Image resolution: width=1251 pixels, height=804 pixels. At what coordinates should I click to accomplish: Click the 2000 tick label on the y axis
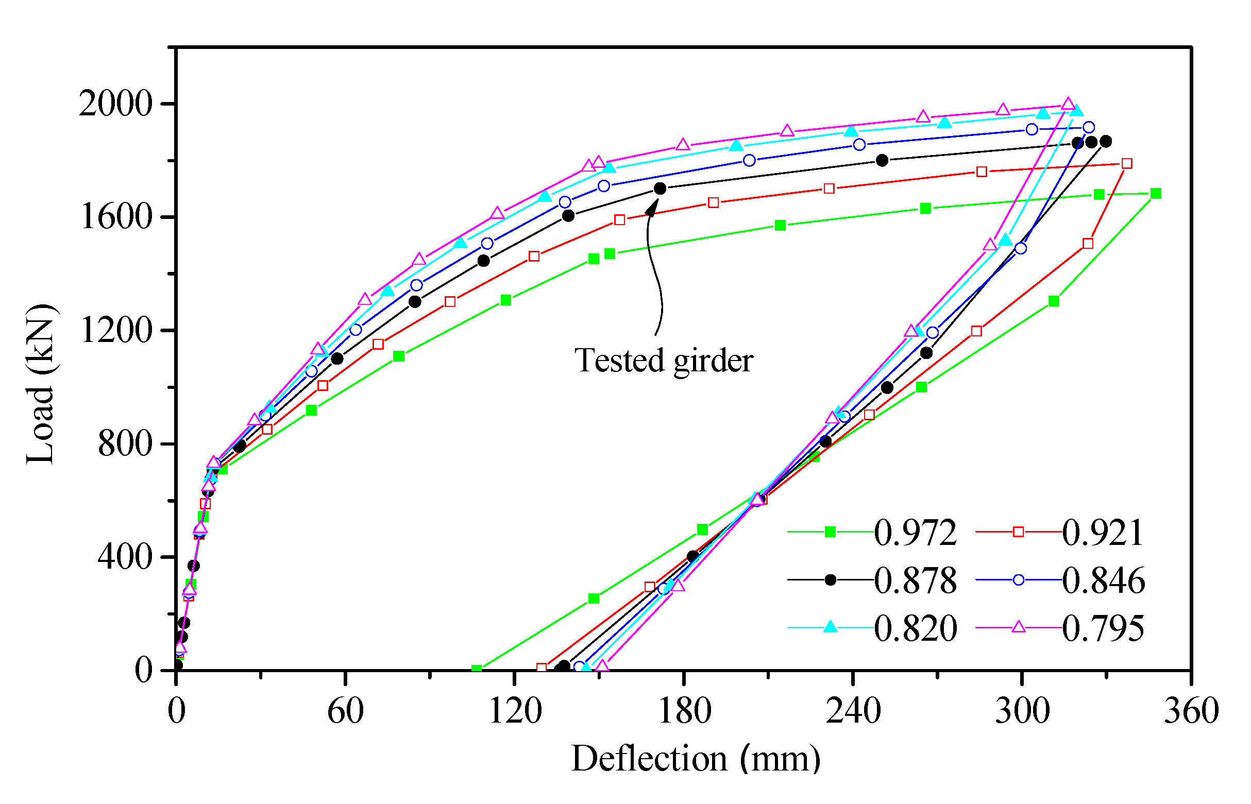click(115, 104)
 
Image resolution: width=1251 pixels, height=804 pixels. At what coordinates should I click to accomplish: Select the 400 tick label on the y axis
click(125, 557)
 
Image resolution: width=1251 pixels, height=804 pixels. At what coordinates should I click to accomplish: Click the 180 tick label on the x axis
click(684, 711)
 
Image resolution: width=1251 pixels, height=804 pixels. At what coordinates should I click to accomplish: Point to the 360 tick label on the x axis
click(1191, 711)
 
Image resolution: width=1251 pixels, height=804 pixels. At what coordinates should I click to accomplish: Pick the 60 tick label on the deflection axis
click(345, 711)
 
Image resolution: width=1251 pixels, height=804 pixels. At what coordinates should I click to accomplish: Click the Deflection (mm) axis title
click(696, 759)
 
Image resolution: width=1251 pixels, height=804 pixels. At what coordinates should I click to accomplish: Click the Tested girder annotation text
click(664, 360)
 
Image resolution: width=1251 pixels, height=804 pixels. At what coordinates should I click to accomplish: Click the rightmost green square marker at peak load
click(1156, 194)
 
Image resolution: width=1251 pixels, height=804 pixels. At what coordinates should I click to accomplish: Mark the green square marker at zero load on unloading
click(476, 669)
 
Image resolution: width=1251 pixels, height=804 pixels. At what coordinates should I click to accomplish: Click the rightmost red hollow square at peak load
click(1127, 163)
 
